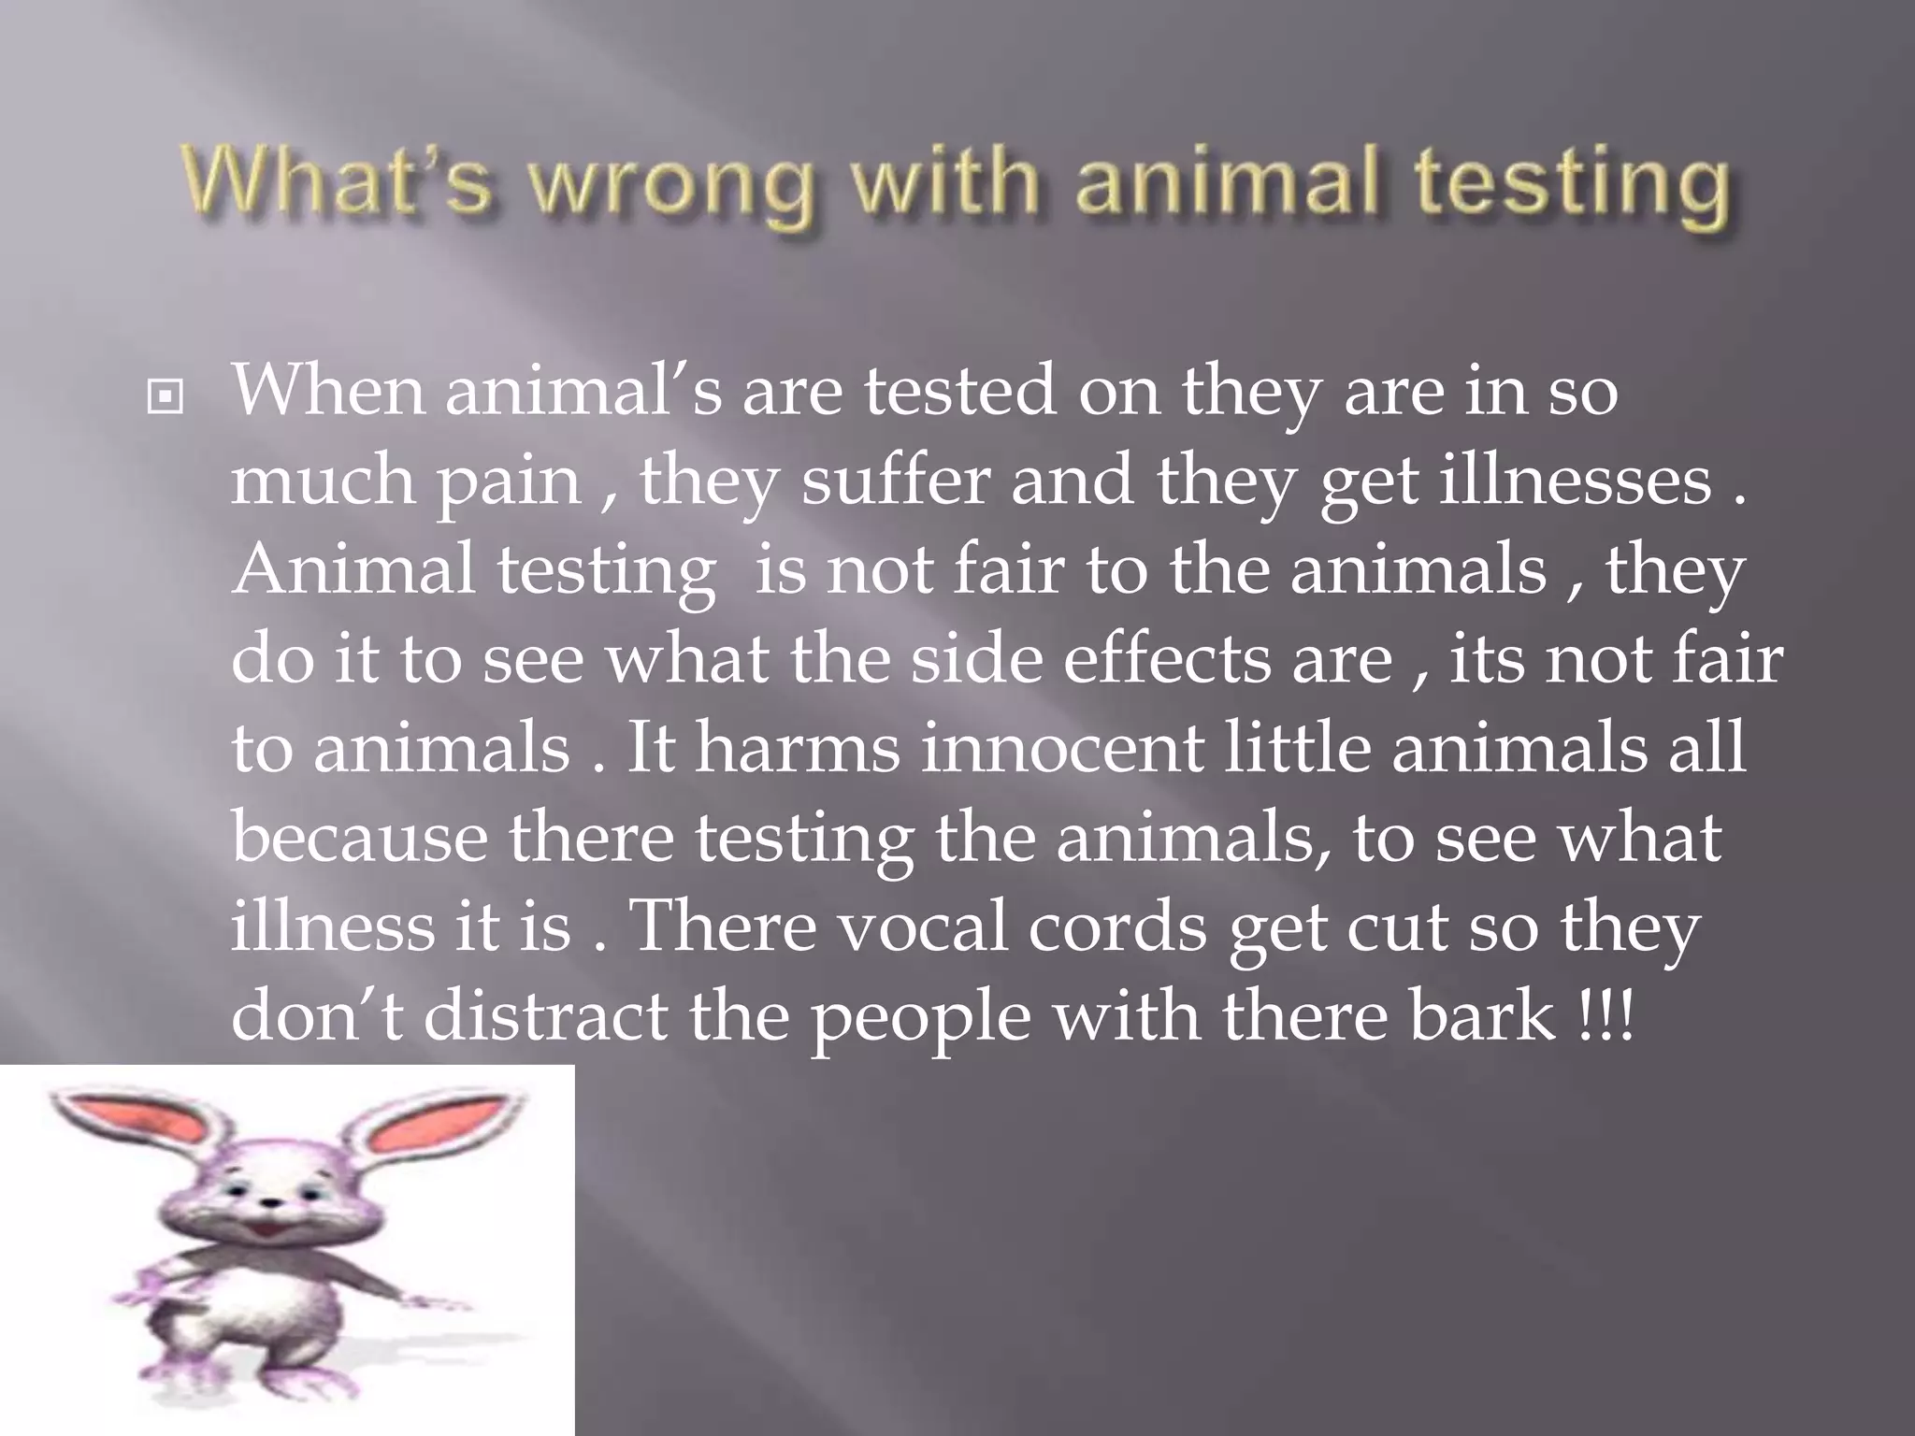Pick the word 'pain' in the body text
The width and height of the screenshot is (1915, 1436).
[x=511, y=482]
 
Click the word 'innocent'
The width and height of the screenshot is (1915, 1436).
[x=1060, y=748]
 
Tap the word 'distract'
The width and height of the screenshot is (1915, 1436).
[x=545, y=1015]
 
